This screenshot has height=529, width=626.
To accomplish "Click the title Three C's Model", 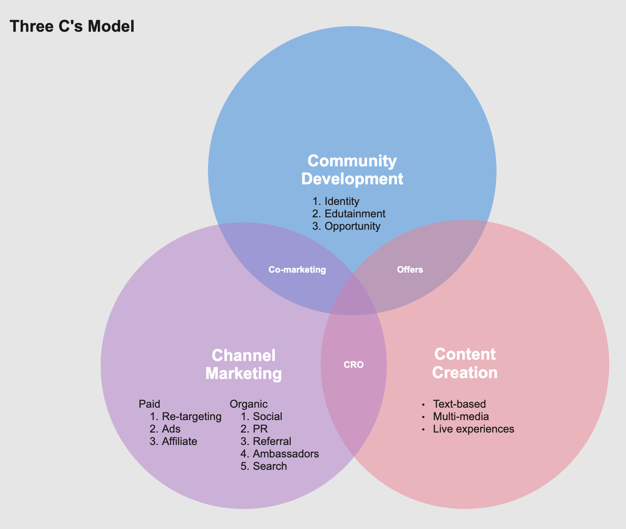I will (72, 27).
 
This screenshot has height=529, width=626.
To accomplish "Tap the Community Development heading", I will (352, 170).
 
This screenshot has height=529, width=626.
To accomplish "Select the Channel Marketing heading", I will (244, 364).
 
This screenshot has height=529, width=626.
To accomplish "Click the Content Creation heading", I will (465, 363).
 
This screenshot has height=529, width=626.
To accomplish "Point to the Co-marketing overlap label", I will (297, 270).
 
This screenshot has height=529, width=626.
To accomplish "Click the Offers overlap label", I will (410, 270).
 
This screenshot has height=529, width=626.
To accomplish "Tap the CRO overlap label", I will (354, 365).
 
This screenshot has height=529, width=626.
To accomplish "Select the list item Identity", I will (342, 201).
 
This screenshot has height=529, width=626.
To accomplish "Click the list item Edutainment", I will (355, 213).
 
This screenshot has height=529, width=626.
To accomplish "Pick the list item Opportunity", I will (352, 226).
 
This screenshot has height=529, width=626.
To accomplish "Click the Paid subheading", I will (150, 404).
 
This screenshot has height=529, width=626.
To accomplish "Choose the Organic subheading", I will (249, 404).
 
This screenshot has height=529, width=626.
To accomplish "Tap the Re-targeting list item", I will (192, 416).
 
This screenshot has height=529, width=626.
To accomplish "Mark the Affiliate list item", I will (179, 442).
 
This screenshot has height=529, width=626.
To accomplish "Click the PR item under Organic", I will (260, 429).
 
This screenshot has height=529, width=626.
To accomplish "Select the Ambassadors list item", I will (286, 454).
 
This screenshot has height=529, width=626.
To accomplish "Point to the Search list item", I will (270, 466).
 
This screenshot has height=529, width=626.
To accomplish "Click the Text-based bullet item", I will (459, 404).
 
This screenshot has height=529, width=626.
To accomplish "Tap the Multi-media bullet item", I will (461, 416).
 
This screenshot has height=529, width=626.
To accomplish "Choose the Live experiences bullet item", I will (473, 429).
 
